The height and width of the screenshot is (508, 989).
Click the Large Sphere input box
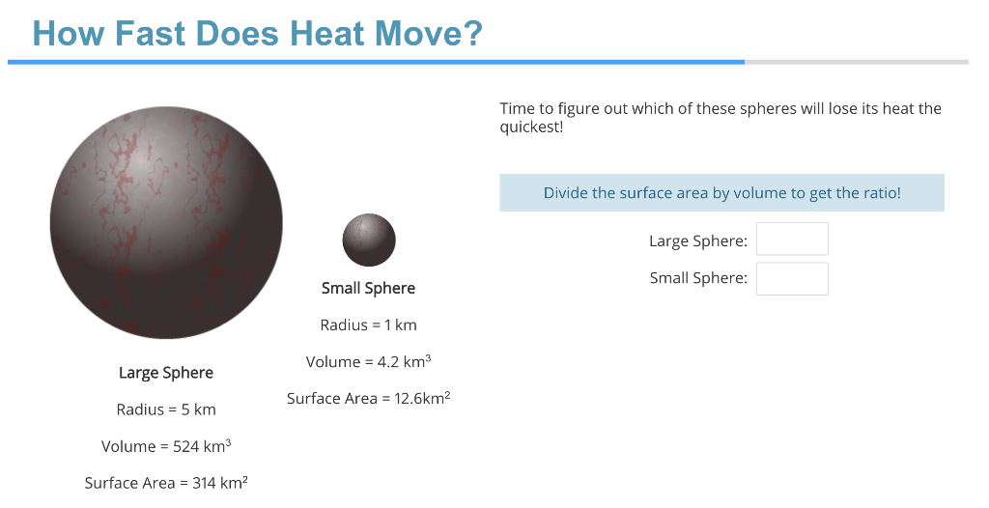pos(792,240)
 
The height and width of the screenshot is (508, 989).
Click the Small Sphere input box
pos(792,278)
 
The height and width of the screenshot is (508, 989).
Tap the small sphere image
pos(369,240)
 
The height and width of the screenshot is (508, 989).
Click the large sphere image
pos(166,223)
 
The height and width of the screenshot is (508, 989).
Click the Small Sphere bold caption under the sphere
pos(368,288)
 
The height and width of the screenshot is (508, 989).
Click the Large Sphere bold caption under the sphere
pos(166,373)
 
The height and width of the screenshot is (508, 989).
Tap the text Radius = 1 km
pos(368,325)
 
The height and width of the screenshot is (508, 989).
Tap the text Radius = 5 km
pos(166,409)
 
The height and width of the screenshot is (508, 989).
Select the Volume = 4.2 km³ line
pos(368,361)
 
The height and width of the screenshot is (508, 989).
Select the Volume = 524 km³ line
pos(166,446)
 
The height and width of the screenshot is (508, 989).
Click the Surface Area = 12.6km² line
pos(368,398)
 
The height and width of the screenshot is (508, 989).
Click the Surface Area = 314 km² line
pos(166,483)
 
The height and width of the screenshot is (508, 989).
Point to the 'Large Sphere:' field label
pos(697,240)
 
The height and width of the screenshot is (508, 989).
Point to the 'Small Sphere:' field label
pos(698,278)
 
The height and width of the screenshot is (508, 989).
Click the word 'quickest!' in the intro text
pos(530,127)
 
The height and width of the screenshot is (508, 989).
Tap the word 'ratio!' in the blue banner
pos(879,193)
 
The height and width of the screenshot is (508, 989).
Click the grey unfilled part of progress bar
pos(856,62)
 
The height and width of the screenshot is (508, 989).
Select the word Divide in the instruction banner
pos(565,193)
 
